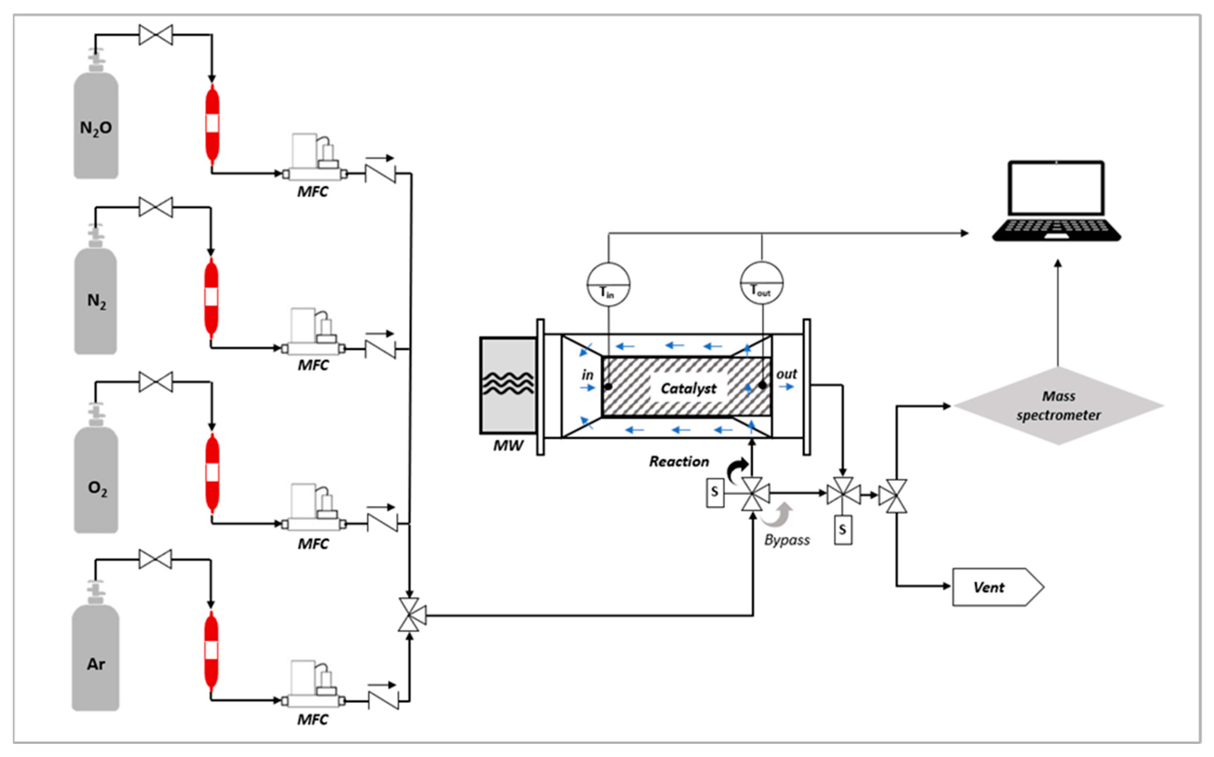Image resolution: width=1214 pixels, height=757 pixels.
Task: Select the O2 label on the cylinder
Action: pos(97,488)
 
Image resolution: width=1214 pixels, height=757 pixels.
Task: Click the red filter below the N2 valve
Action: pos(211,297)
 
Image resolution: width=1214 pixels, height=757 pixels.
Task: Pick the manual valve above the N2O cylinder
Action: pos(155,35)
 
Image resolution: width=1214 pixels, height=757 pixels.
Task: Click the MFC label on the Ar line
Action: pos(313,719)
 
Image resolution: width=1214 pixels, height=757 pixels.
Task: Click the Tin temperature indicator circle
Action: pos(608,284)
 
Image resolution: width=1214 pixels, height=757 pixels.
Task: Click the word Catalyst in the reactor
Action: pos(688,388)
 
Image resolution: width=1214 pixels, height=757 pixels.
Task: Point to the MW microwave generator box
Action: pos(508,385)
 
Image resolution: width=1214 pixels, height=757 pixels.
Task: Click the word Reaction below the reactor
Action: pos(679,461)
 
